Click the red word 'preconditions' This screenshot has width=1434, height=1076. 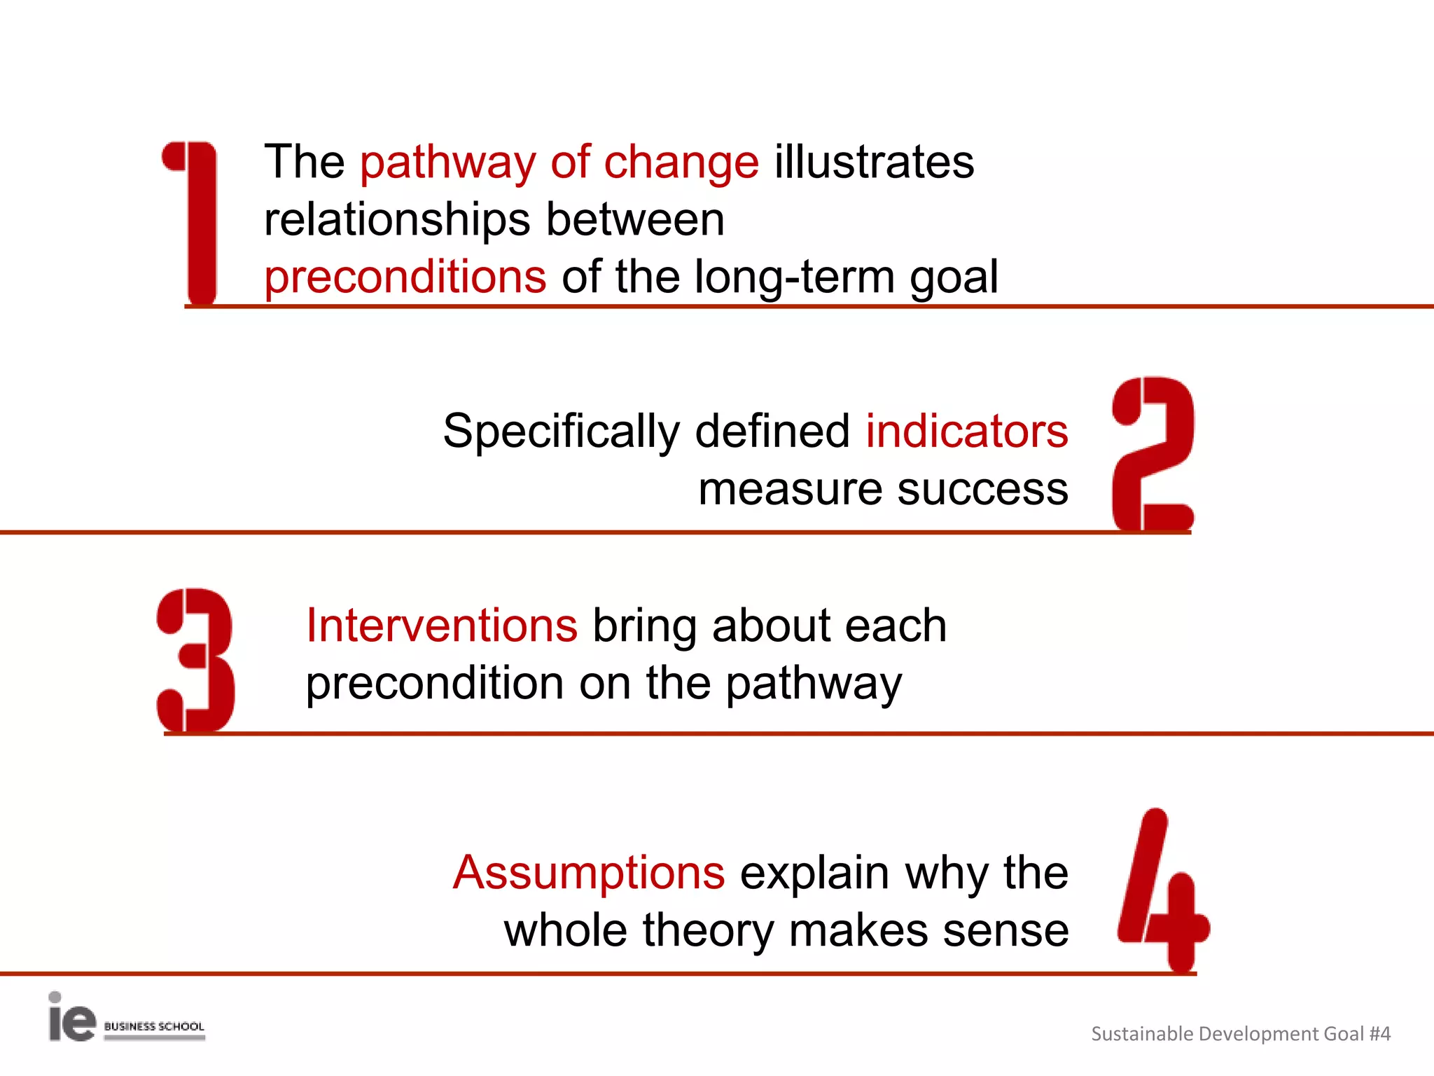coord(405,277)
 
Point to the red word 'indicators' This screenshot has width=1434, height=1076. coord(967,430)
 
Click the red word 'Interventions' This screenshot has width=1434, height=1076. coord(442,625)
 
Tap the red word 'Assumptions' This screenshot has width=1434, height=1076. coord(589,873)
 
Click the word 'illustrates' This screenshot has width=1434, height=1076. coord(874,163)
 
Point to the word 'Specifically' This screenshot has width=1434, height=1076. coord(561,432)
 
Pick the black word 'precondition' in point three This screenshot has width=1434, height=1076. coord(435,684)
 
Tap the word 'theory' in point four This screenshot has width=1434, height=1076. coord(708,930)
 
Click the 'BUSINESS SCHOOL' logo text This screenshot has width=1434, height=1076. coord(154,1027)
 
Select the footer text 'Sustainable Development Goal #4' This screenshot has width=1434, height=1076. coord(1240,1034)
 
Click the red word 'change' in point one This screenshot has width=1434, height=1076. coord(681,163)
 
